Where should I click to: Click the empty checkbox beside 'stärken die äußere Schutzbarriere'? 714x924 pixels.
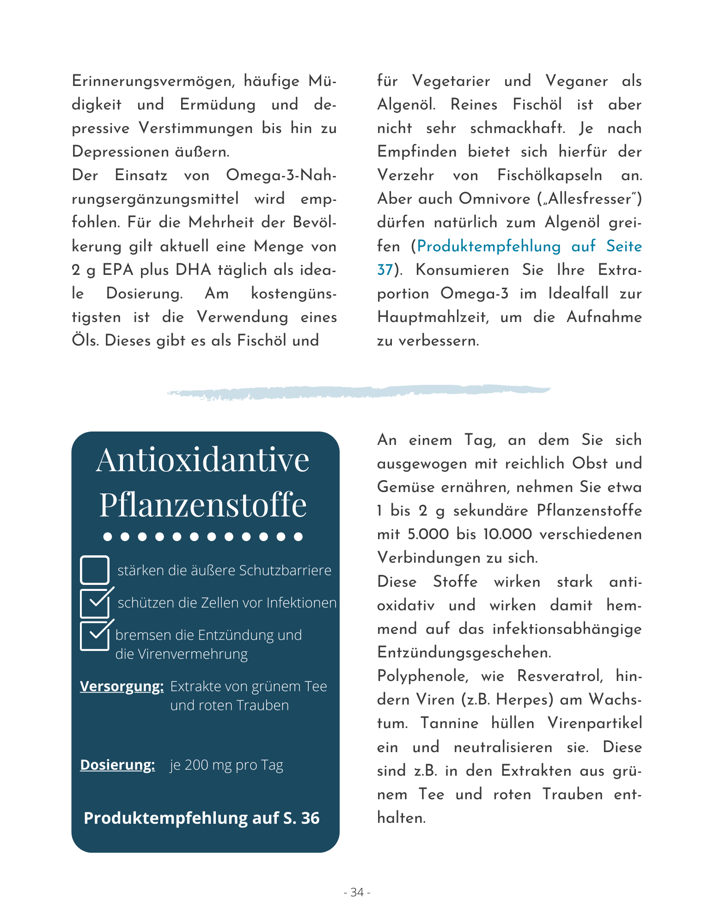tap(95, 570)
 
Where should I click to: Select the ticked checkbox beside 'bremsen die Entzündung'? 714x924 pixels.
tap(95, 636)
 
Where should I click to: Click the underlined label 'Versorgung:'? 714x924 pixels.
tap(122, 687)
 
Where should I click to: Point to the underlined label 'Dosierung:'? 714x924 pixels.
tap(117, 765)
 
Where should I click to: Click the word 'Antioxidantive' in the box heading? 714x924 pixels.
tap(202, 460)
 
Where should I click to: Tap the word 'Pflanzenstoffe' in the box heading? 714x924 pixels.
tap(203, 505)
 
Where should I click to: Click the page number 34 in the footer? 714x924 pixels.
tap(357, 892)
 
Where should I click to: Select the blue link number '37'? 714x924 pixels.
tap(384, 270)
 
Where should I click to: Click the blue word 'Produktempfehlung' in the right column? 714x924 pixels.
tap(488, 246)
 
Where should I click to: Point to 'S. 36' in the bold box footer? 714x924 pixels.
tap(301, 818)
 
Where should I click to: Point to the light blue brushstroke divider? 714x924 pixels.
tap(358, 392)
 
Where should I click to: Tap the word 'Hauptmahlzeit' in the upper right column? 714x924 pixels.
tap(432, 317)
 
